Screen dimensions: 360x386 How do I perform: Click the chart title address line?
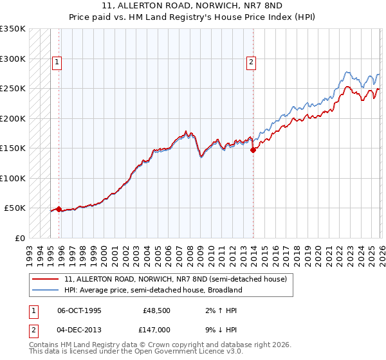[x=192, y=4]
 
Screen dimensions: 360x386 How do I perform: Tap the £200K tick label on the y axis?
[x=13, y=118]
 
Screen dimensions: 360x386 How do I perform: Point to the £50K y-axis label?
[x=15, y=208]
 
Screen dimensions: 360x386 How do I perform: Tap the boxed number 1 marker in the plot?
[x=57, y=62]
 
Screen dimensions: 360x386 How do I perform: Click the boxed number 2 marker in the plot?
[x=251, y=62]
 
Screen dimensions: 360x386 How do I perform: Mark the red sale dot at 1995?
[x=59, y=209]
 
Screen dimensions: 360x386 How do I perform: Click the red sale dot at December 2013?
[x=253, y=150]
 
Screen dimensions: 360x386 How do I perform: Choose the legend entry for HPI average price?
[x=152, y=290]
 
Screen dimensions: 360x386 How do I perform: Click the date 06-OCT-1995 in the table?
[x=79, y=310]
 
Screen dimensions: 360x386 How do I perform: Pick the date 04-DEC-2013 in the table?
[x=79, y=330]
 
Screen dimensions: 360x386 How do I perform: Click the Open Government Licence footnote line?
[x=136, y=352]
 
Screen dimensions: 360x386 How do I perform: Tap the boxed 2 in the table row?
[x=32, y=330]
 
